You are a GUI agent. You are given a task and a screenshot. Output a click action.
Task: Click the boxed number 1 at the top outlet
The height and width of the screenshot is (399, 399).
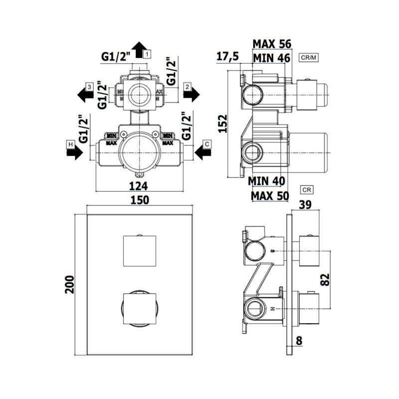[148, 52]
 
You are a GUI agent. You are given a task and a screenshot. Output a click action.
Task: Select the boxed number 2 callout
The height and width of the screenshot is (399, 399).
[187, 87]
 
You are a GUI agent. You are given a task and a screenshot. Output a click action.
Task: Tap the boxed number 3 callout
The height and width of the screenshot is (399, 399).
[88, 87]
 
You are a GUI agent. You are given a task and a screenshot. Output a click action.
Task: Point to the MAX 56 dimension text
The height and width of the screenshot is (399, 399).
[272, 44]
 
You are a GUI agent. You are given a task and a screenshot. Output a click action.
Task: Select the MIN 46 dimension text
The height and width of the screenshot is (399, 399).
[272, 58]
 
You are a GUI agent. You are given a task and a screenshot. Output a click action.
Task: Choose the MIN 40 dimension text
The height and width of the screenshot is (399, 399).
[268, 181]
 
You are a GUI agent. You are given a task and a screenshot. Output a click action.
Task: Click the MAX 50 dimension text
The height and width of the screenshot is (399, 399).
[270, 196]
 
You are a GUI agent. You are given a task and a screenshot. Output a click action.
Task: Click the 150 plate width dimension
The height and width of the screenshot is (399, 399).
[140, 200]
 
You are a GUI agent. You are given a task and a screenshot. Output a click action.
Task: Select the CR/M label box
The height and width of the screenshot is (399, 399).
[309, 58]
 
